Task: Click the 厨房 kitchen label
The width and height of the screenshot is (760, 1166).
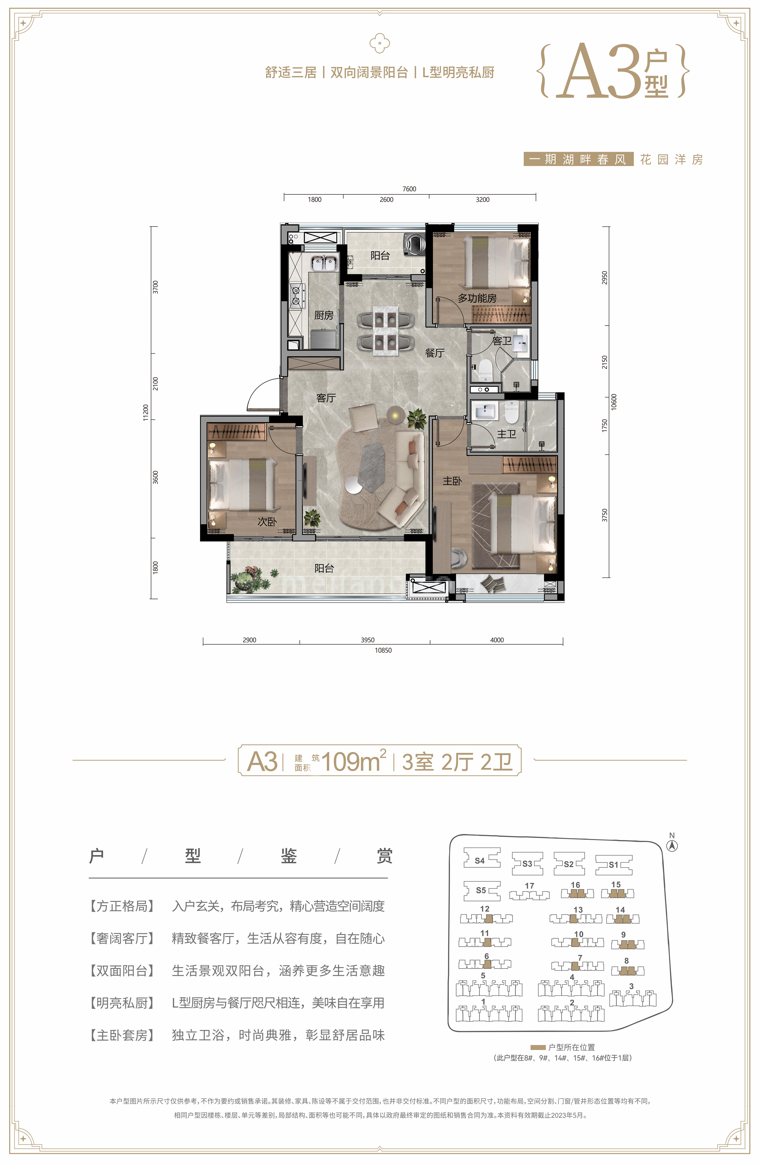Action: coord(324,315)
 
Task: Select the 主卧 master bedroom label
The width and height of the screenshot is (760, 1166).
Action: coord(452,481)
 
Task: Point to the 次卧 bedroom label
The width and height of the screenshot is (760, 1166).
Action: coord(267,522)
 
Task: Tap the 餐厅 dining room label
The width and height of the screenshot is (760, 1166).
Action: coord(435,353)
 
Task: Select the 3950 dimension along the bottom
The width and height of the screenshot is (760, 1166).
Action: coord(367,640)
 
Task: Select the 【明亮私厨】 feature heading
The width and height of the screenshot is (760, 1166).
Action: coord(122,1003)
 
